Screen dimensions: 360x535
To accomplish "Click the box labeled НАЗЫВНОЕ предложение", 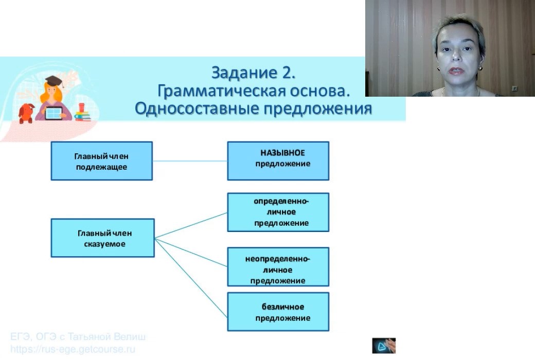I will [x=278, y=160].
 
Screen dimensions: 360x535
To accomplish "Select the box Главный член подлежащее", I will [x=101, y=160].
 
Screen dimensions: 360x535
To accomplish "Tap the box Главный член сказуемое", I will [x=102, y=238].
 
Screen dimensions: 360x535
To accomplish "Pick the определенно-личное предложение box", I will [x=278, y=212].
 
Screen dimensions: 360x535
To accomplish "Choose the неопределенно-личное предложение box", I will [x=278, y=266].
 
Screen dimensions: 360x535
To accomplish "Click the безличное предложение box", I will [x=278, y=312].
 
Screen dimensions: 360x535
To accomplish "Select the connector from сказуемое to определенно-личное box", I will [x=191, y=225].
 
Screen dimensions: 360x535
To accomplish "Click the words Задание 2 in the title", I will [x=254, y=73].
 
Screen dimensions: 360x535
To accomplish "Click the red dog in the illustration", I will [x=26, y=112].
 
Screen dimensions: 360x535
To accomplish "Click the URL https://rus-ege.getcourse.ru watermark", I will [x=73, y=349].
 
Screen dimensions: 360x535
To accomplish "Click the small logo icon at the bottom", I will [x=384, y=346].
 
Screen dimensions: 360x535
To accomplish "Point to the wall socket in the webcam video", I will [x=514, y=88].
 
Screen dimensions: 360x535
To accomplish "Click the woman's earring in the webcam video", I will [x=480, y=67].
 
